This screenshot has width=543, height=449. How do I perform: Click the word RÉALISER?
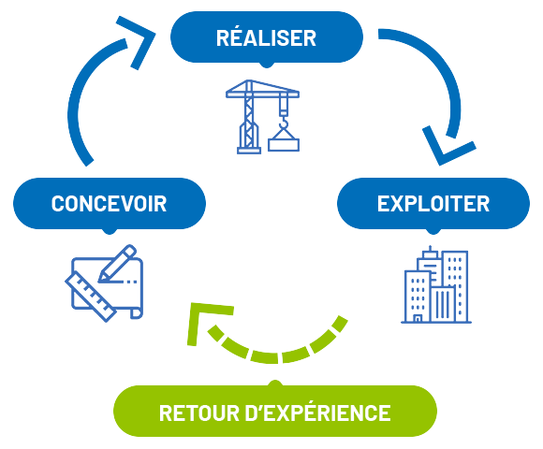coord(266,37)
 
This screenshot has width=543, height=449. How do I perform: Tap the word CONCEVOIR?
coord(110,204)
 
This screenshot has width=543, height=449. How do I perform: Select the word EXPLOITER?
coord(433,204)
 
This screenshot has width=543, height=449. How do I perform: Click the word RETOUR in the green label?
coord(199,413)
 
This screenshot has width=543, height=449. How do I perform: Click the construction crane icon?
coord(262,117)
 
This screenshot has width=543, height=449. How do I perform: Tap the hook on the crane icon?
coord(284,123)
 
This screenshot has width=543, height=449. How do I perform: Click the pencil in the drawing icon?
coord(117,264)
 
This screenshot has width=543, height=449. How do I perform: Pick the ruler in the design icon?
coord(91,297)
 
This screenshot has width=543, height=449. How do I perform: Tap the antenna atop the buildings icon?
coord(430,249)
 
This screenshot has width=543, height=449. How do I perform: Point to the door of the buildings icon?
coord(418,318)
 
